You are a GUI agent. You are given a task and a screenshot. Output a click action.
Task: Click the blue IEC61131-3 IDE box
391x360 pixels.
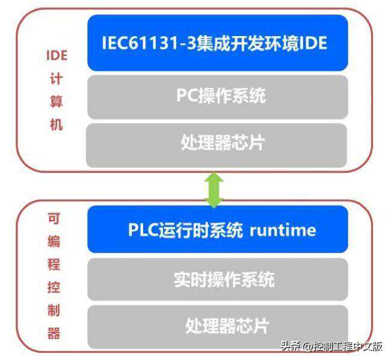point(217,43)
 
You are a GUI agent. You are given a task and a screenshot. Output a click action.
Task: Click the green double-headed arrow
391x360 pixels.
point(214,189)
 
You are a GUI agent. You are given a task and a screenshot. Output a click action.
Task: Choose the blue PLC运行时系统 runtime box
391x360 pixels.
point(217,230)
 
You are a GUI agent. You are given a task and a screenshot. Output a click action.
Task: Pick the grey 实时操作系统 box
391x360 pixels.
point(217,279)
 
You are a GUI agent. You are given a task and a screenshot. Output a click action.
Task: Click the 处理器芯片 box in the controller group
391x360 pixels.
point(217,326)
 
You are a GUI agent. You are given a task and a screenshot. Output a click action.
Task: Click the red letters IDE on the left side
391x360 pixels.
point(57,56)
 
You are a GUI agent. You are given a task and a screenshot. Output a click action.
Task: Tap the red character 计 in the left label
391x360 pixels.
point(56,80)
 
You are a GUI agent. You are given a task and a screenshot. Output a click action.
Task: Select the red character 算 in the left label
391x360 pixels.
point(56,103)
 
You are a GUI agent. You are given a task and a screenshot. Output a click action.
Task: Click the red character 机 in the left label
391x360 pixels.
point(56,125)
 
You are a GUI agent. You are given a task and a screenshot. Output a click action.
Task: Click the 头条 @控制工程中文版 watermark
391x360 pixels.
point(331,347)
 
